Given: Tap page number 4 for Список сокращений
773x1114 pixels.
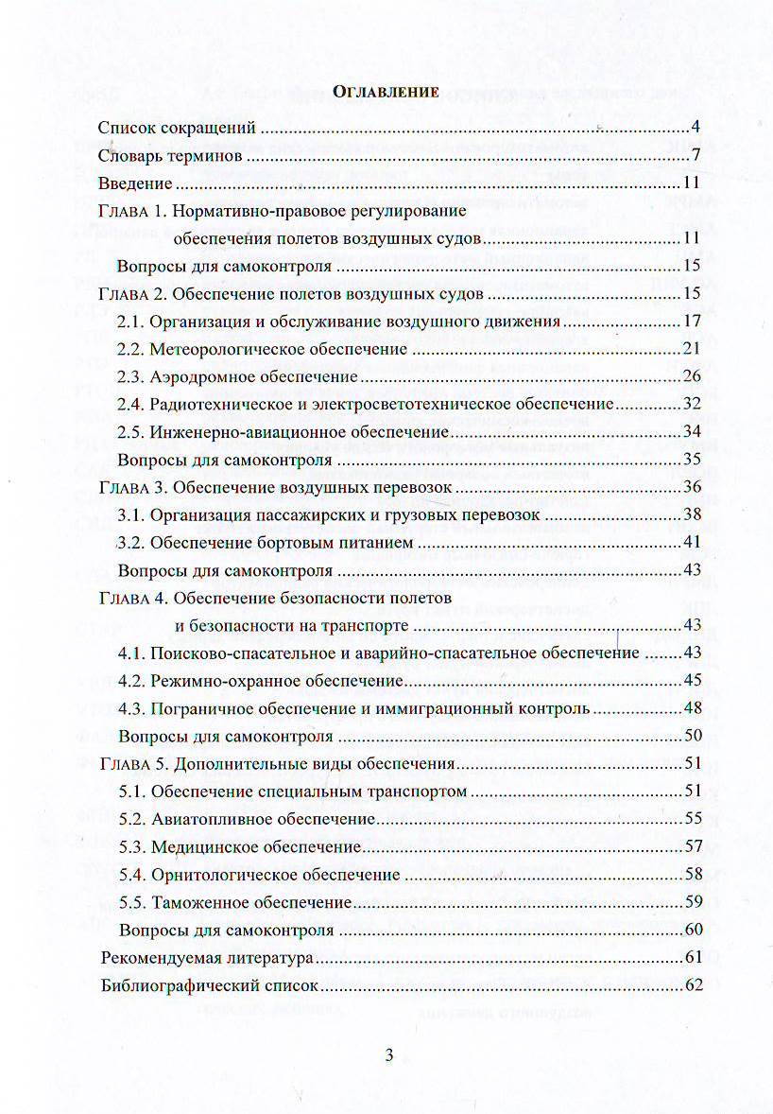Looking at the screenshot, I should click(x=694, y=128).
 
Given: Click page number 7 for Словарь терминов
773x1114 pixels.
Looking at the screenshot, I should click(x=694, y=155).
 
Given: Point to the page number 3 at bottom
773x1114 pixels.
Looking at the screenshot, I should click(x=388, y=1056).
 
